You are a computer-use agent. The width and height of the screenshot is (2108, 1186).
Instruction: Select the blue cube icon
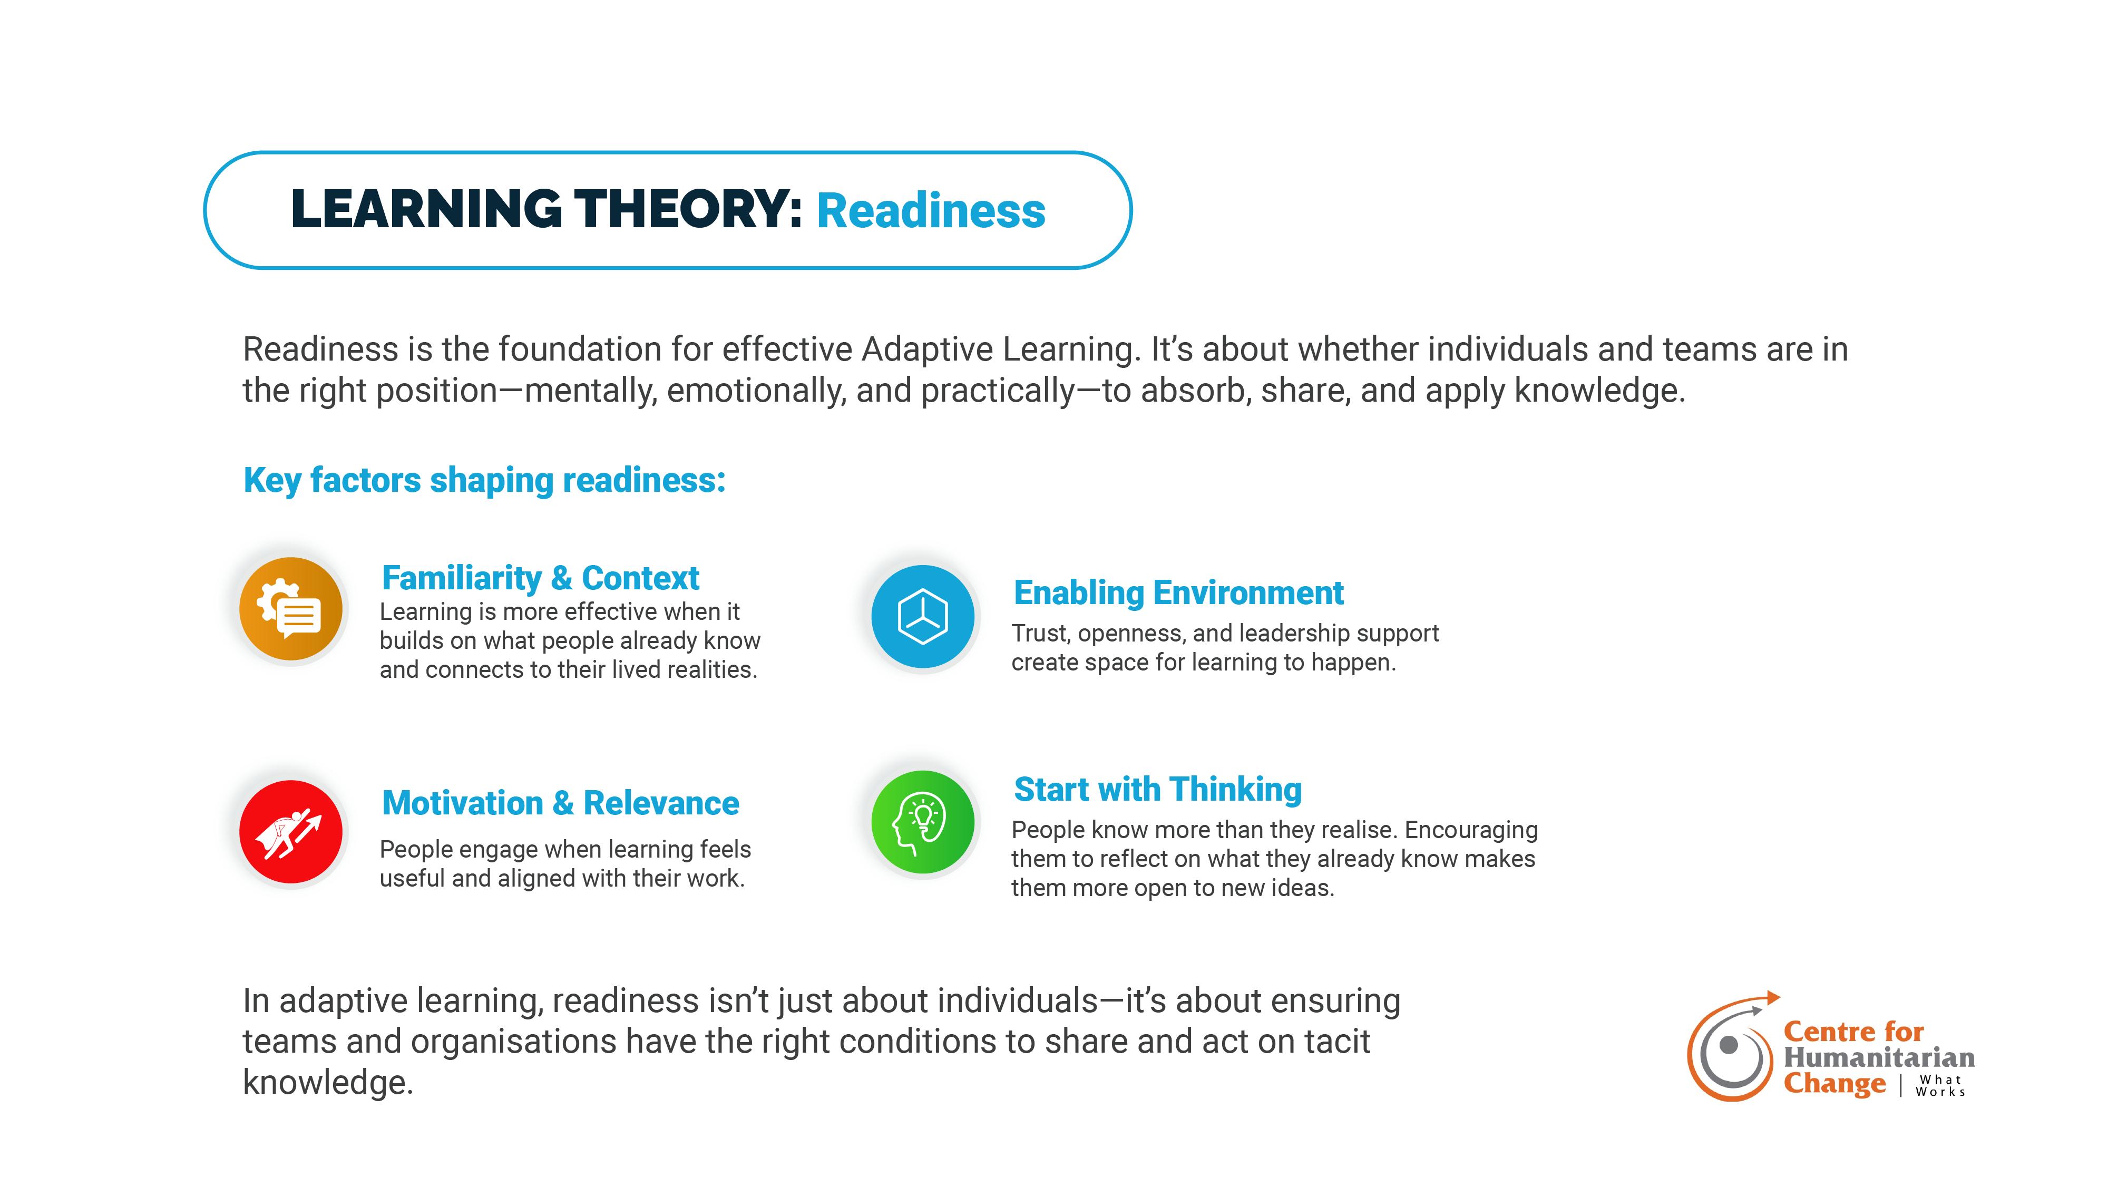coord(922,616)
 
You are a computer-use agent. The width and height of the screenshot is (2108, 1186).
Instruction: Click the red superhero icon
coord(290,832)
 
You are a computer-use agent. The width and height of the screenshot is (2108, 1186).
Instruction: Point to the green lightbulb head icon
coord(922,822)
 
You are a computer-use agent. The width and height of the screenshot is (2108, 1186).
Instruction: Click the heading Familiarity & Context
coord(540,578)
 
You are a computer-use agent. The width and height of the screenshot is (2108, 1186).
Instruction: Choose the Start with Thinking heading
coord(1157,790)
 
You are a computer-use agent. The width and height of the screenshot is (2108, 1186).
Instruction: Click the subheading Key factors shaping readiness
coord(484,480)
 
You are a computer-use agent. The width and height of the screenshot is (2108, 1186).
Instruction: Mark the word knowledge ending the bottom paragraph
coord(327,1083)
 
